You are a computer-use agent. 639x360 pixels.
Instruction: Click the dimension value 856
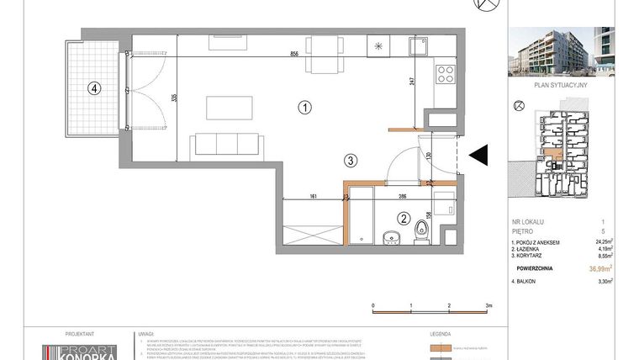click(x=295, y=54)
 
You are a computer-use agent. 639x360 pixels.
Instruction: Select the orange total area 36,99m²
click(x=599, y=268)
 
